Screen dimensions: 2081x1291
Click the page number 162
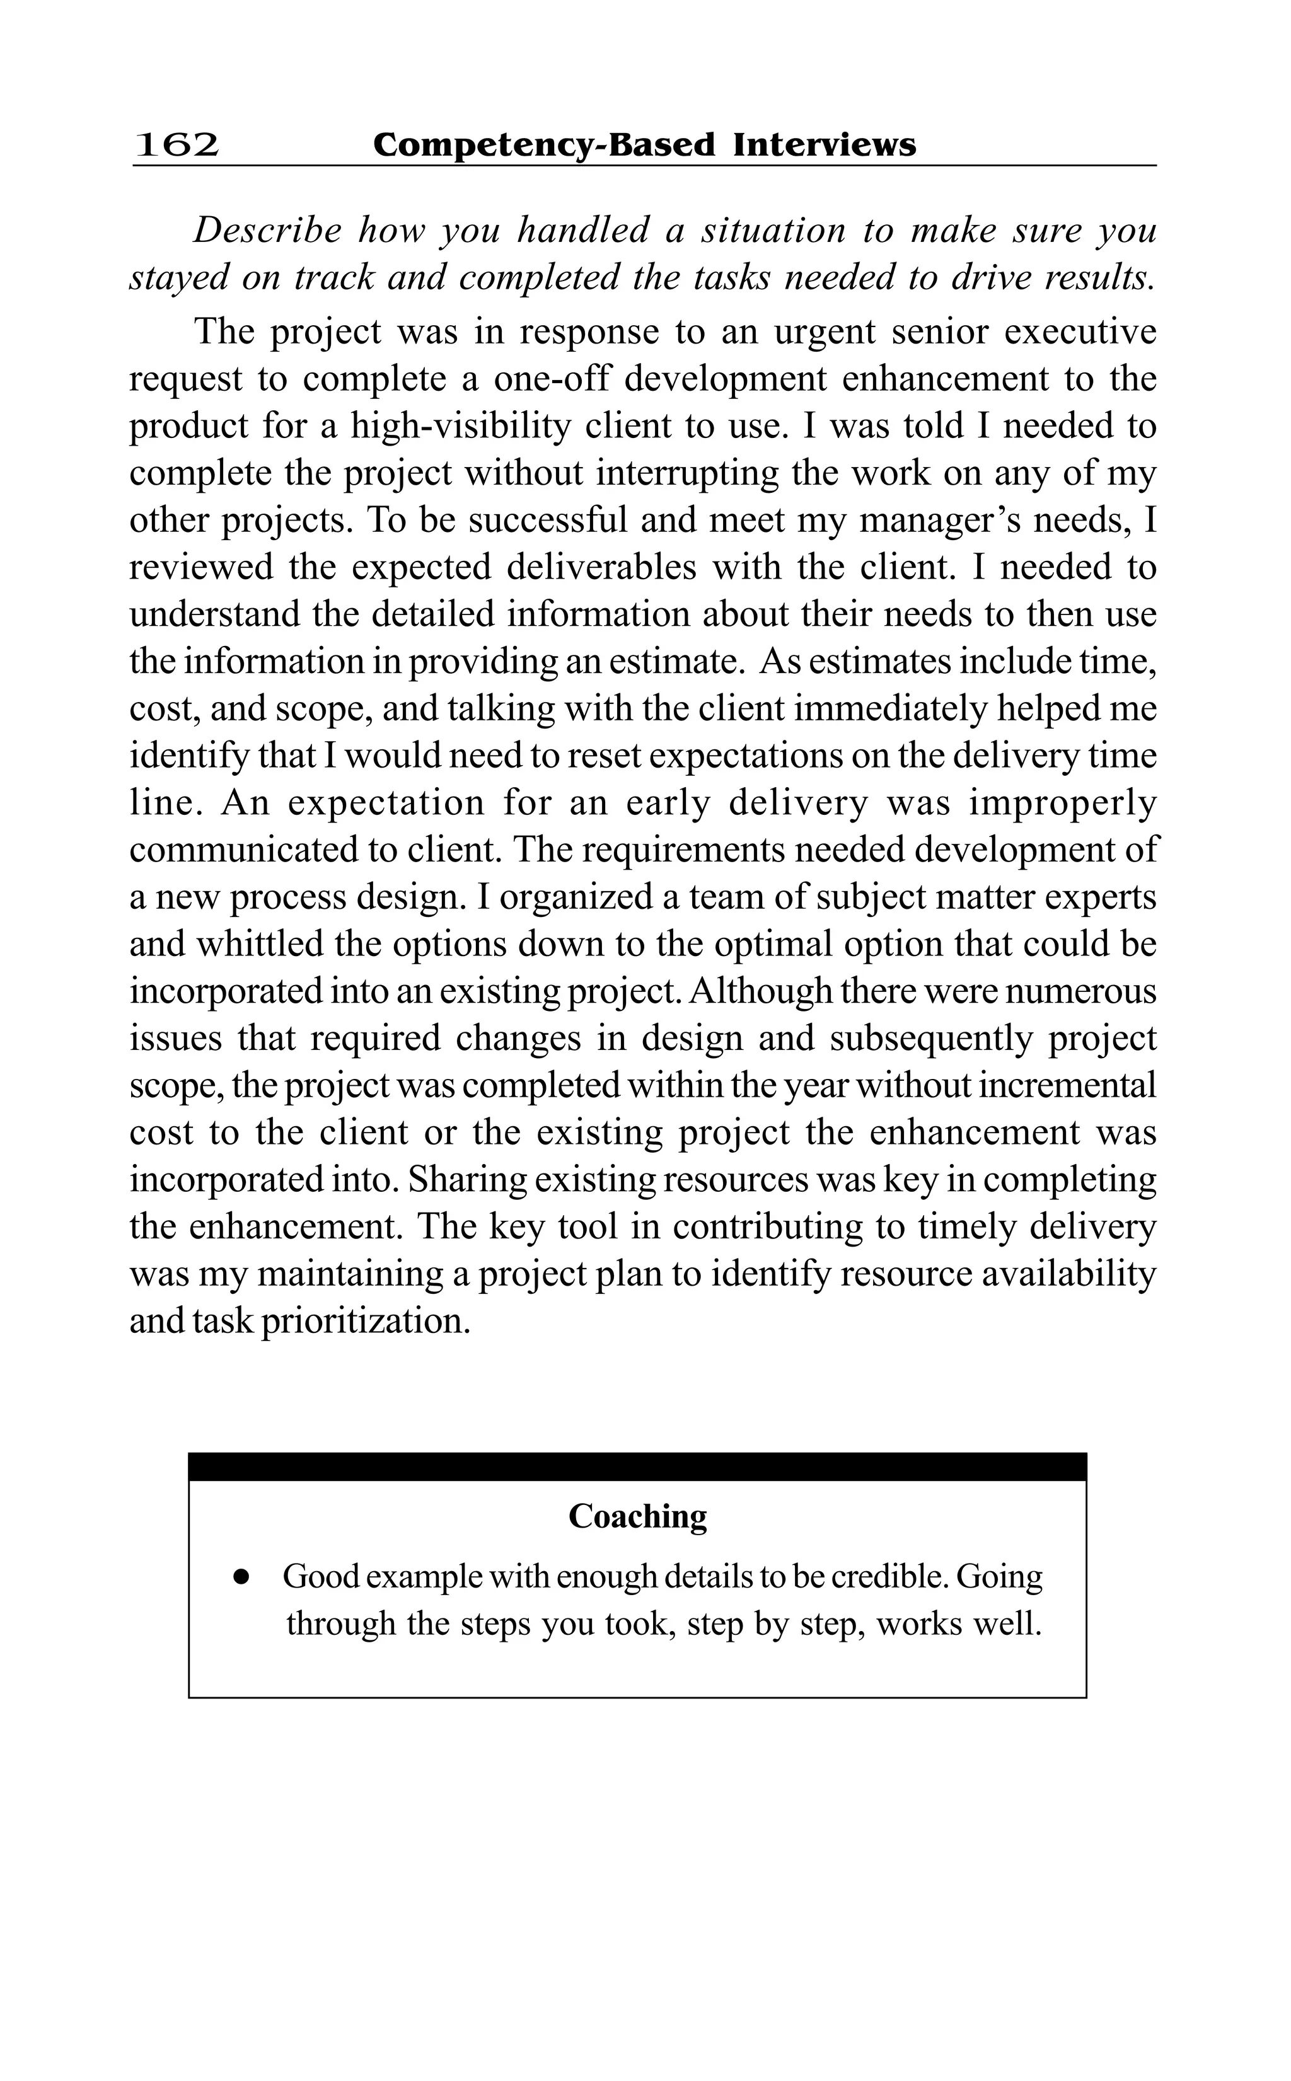(177, 145)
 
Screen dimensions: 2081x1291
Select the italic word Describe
(267, 231)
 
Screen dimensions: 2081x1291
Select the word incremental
(1067, 1085)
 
